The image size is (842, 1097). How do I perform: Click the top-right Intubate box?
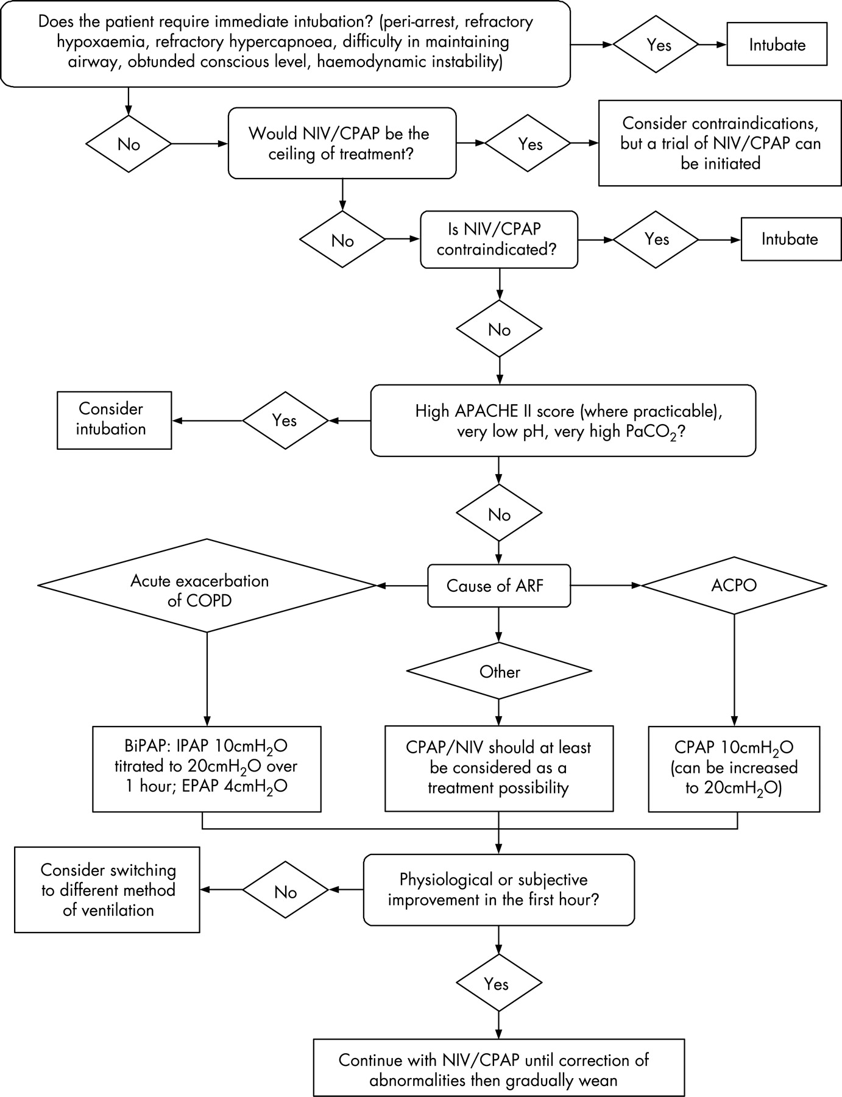click(x=777, y=45)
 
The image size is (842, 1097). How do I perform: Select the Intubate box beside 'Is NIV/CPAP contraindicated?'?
click(x=789, y=239)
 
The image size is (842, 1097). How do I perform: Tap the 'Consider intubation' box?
click(x=114, y=420)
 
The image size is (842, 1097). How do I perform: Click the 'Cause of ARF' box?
click(x=498, y=586)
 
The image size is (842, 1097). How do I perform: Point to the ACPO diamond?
click(x=734, y=586)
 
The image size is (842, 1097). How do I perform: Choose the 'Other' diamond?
click(x=499, y=672)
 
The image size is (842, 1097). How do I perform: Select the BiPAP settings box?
click(x=207, y=769)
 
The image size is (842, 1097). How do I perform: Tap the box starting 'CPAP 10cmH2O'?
click(x=734, y=769)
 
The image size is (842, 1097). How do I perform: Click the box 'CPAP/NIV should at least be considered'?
click(x=498, y=769)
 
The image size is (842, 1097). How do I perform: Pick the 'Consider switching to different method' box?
click(x=107, y=890)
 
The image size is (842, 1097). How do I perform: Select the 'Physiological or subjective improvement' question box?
click(x=498, y=890)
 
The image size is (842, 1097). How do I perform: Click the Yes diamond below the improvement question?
click(x=498, y=984)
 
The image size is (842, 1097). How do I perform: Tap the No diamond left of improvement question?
click(x=285, y=892)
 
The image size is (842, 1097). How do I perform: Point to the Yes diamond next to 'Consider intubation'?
click(x=285, y=421)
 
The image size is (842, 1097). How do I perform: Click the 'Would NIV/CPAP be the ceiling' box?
click(x=342, y=144)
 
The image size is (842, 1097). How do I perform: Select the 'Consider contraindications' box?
click(x=720, y=144)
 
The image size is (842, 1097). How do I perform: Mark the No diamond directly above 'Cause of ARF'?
click(x=499, y=514)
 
